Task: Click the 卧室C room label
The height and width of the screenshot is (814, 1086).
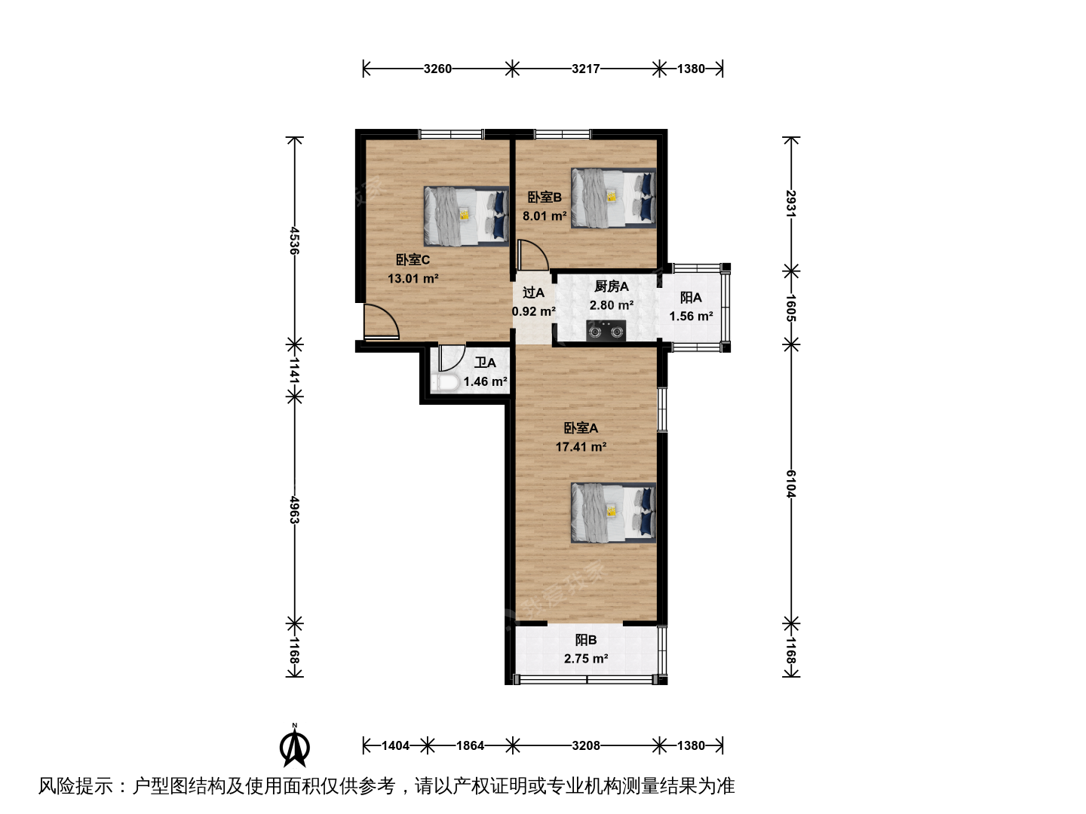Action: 413,259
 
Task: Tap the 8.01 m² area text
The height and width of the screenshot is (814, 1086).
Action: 545,216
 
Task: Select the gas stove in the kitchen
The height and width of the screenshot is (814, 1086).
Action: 606,331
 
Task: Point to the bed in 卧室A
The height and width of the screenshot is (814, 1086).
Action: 613,513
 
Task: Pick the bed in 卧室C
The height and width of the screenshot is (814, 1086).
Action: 466,216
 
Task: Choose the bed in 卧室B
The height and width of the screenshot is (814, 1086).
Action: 613,197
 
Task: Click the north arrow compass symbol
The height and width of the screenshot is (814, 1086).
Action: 295,745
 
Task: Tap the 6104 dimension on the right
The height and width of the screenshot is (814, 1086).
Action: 790,484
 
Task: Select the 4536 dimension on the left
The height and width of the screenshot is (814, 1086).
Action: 294,240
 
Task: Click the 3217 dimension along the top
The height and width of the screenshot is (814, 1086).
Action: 586,69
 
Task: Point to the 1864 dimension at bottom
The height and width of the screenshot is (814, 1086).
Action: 470,745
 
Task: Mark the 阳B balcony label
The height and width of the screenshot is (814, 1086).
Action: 586,640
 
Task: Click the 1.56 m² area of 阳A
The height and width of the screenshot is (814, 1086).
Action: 691,317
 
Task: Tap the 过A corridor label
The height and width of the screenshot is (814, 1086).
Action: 533,292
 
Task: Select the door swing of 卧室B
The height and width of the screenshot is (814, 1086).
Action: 532,255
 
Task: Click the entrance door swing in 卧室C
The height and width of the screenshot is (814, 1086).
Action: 382,321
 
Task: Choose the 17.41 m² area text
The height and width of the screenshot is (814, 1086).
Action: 581,447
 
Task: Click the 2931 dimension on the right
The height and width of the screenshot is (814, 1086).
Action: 790,203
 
